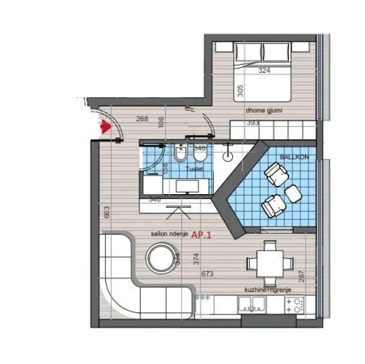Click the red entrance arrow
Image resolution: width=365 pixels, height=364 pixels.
104,127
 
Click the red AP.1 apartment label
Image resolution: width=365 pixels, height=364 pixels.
202,236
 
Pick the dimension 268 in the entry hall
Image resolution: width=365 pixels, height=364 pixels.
142,120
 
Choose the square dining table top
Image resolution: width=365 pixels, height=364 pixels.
266,261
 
